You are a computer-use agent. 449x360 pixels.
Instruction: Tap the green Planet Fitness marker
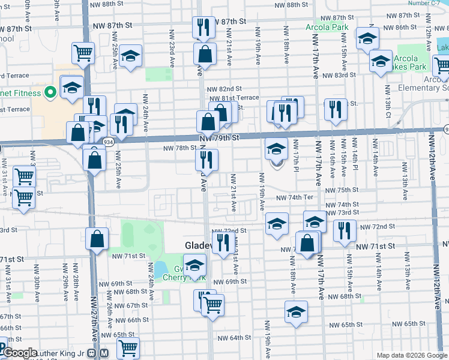pos(50,93)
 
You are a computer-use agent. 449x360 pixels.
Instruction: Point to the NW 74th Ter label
pos(295,197)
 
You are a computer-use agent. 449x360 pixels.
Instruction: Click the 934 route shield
pos(108,142)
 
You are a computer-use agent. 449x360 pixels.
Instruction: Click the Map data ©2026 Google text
pos(411,355)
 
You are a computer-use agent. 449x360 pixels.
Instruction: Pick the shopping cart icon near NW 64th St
pos(128,347)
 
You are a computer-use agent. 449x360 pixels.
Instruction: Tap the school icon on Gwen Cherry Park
pos(194,265)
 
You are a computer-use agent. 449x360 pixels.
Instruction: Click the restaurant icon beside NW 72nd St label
pos(344,230)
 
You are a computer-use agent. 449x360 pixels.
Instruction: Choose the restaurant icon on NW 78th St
pos(206,160)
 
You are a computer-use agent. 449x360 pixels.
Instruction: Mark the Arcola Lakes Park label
pos(410,62)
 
